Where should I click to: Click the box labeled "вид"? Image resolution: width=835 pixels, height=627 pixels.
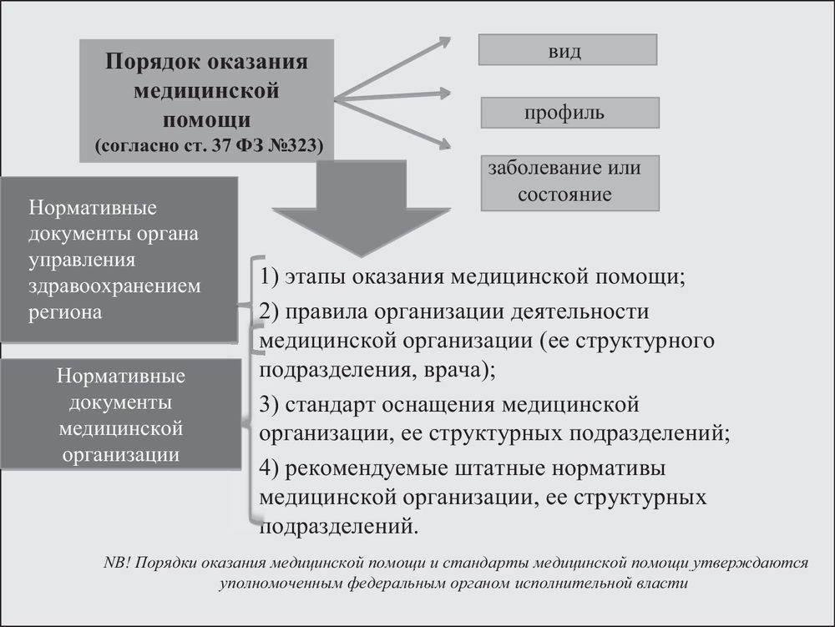pos(568,50)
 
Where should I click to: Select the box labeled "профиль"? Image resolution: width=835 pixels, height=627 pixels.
pos(569,113)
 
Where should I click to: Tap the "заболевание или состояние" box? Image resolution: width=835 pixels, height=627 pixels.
pos(569,183)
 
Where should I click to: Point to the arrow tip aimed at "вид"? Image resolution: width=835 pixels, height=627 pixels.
pos(450,39)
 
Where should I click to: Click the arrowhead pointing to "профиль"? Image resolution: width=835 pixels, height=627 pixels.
pos(450,94)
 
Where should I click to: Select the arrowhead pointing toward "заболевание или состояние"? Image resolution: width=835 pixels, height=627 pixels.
pos(450,144)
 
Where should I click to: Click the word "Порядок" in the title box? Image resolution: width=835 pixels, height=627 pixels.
pos(152,63)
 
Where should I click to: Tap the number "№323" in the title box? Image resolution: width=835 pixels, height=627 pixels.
pos(292,144)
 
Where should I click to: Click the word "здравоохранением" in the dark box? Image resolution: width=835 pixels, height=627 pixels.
pos(114,286)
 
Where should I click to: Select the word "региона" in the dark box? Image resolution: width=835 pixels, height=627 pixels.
pos(65,312)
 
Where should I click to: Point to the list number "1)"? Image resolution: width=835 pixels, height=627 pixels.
pos(269,277)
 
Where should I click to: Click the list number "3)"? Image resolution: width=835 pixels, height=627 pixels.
pos(269,405)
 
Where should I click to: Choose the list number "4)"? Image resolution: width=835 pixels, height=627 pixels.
pos(269,468)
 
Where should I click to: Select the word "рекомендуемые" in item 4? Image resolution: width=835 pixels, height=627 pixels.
pos(367,469)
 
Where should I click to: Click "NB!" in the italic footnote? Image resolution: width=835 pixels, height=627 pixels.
pos(117,563)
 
